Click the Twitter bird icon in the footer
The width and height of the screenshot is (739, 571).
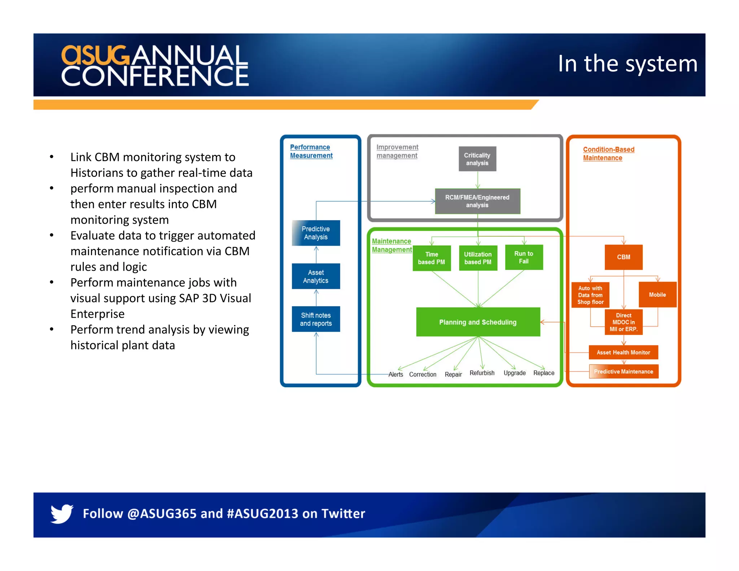click(62, 513)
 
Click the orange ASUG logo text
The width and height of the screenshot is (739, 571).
click(95, 55)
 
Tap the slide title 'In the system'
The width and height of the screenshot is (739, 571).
click(628, 64)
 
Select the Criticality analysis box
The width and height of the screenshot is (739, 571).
click(477, 159)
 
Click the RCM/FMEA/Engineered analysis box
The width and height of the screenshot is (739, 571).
click(477, 201)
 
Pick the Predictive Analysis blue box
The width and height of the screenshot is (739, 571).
click(316, 233)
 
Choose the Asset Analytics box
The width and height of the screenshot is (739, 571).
click(316, 276)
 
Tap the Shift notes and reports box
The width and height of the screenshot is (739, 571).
click(316, 319)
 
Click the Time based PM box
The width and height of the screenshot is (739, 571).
click(432, 258)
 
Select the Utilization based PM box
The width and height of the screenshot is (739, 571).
click(478, 258)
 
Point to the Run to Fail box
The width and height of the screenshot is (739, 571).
click(524, 257)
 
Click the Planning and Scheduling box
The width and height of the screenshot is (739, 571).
click(478, 322)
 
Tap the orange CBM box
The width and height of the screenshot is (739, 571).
click(623, 257)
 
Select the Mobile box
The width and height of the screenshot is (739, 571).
click(657, 295)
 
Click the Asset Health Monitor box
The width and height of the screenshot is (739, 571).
click(623, 352)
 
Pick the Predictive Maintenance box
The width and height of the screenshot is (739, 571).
click(623, 371)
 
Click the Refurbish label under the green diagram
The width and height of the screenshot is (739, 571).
click(482, 373)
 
